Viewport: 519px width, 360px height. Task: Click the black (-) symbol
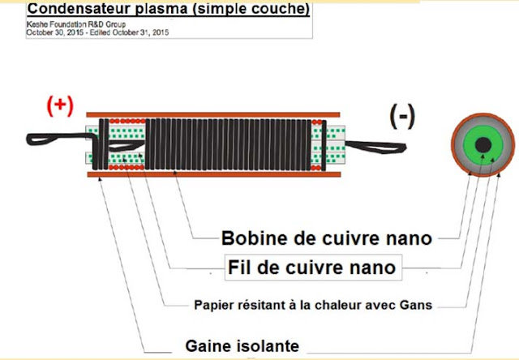click(x=401, y=118)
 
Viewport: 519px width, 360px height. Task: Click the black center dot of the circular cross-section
click(x=482, y=145)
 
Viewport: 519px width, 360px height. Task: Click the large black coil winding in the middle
click(x=227, y=143)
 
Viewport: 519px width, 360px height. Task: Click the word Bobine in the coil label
click(x=248, y=238)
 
